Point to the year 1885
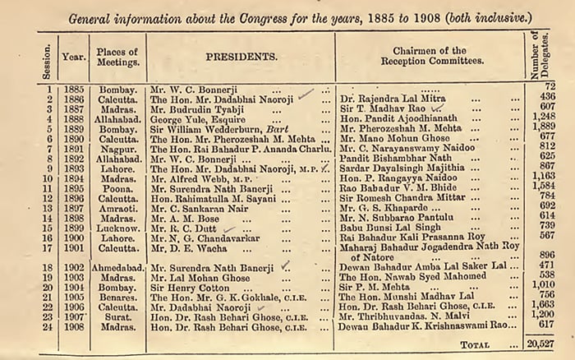pos(74,86)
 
